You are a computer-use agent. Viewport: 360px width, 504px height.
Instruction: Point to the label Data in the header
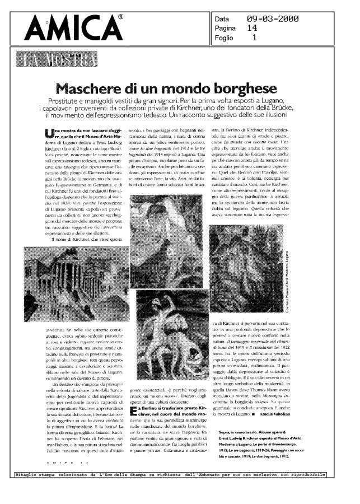coord(222,18)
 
